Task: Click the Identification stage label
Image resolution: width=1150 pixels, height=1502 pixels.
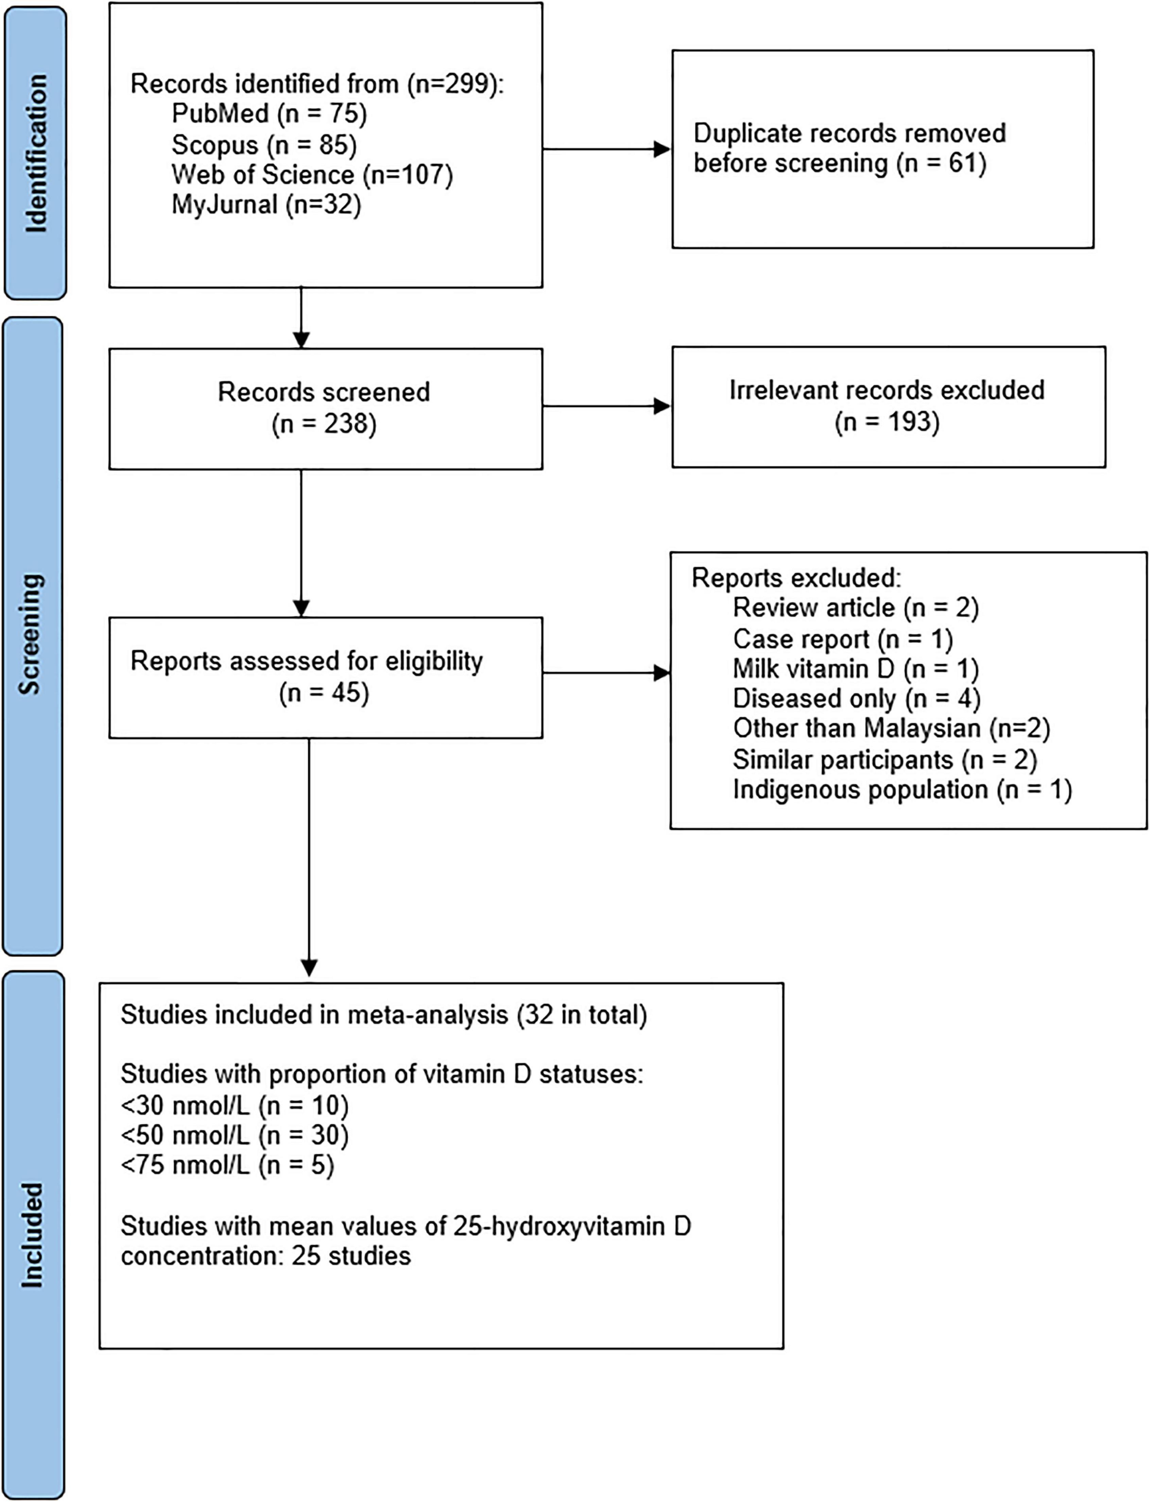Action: tap(36, 153)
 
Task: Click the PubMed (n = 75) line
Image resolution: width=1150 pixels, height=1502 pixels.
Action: tap(269, 113)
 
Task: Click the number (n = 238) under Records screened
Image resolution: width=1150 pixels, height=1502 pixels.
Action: tap(324, 424)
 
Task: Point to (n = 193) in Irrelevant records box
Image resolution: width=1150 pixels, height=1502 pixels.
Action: tap(887, 421)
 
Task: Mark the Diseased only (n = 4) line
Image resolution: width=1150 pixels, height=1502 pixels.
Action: tap(856, 698)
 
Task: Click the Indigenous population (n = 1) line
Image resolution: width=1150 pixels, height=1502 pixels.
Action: tap(902, 789)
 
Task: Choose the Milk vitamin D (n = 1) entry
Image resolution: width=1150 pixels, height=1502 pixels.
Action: tap(856, 668)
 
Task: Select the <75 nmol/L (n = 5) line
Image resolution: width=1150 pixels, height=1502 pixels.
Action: tap(227, 1165)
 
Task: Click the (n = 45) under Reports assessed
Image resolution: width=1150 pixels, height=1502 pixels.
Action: tap(324, 693)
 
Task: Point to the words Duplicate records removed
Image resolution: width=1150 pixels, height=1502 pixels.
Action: tap(849, 133)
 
